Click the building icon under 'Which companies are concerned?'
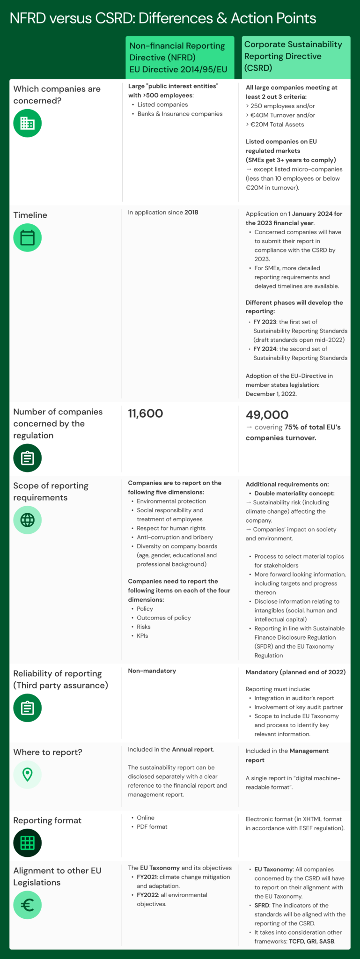tap(27, 123)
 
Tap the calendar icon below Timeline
tap(27, 237)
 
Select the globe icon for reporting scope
tap(27, 520)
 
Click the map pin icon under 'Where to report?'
tap(27, 775)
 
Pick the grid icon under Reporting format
tap(27, 842)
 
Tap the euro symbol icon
tap(27, 905)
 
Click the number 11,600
tap(146, 413)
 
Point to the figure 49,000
tap(267, 415)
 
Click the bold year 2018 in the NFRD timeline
tap(191, 212)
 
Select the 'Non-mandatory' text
tap(152, 671)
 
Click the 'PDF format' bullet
tap(152, 826)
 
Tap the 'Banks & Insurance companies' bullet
tap(180, 114)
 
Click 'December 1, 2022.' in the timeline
tap(271, 394)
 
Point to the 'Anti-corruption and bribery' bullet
tap(175, 537)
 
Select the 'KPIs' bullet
tap(142, 635)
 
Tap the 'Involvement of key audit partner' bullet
tap(298, 707)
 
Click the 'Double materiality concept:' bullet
tap(294, 493)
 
